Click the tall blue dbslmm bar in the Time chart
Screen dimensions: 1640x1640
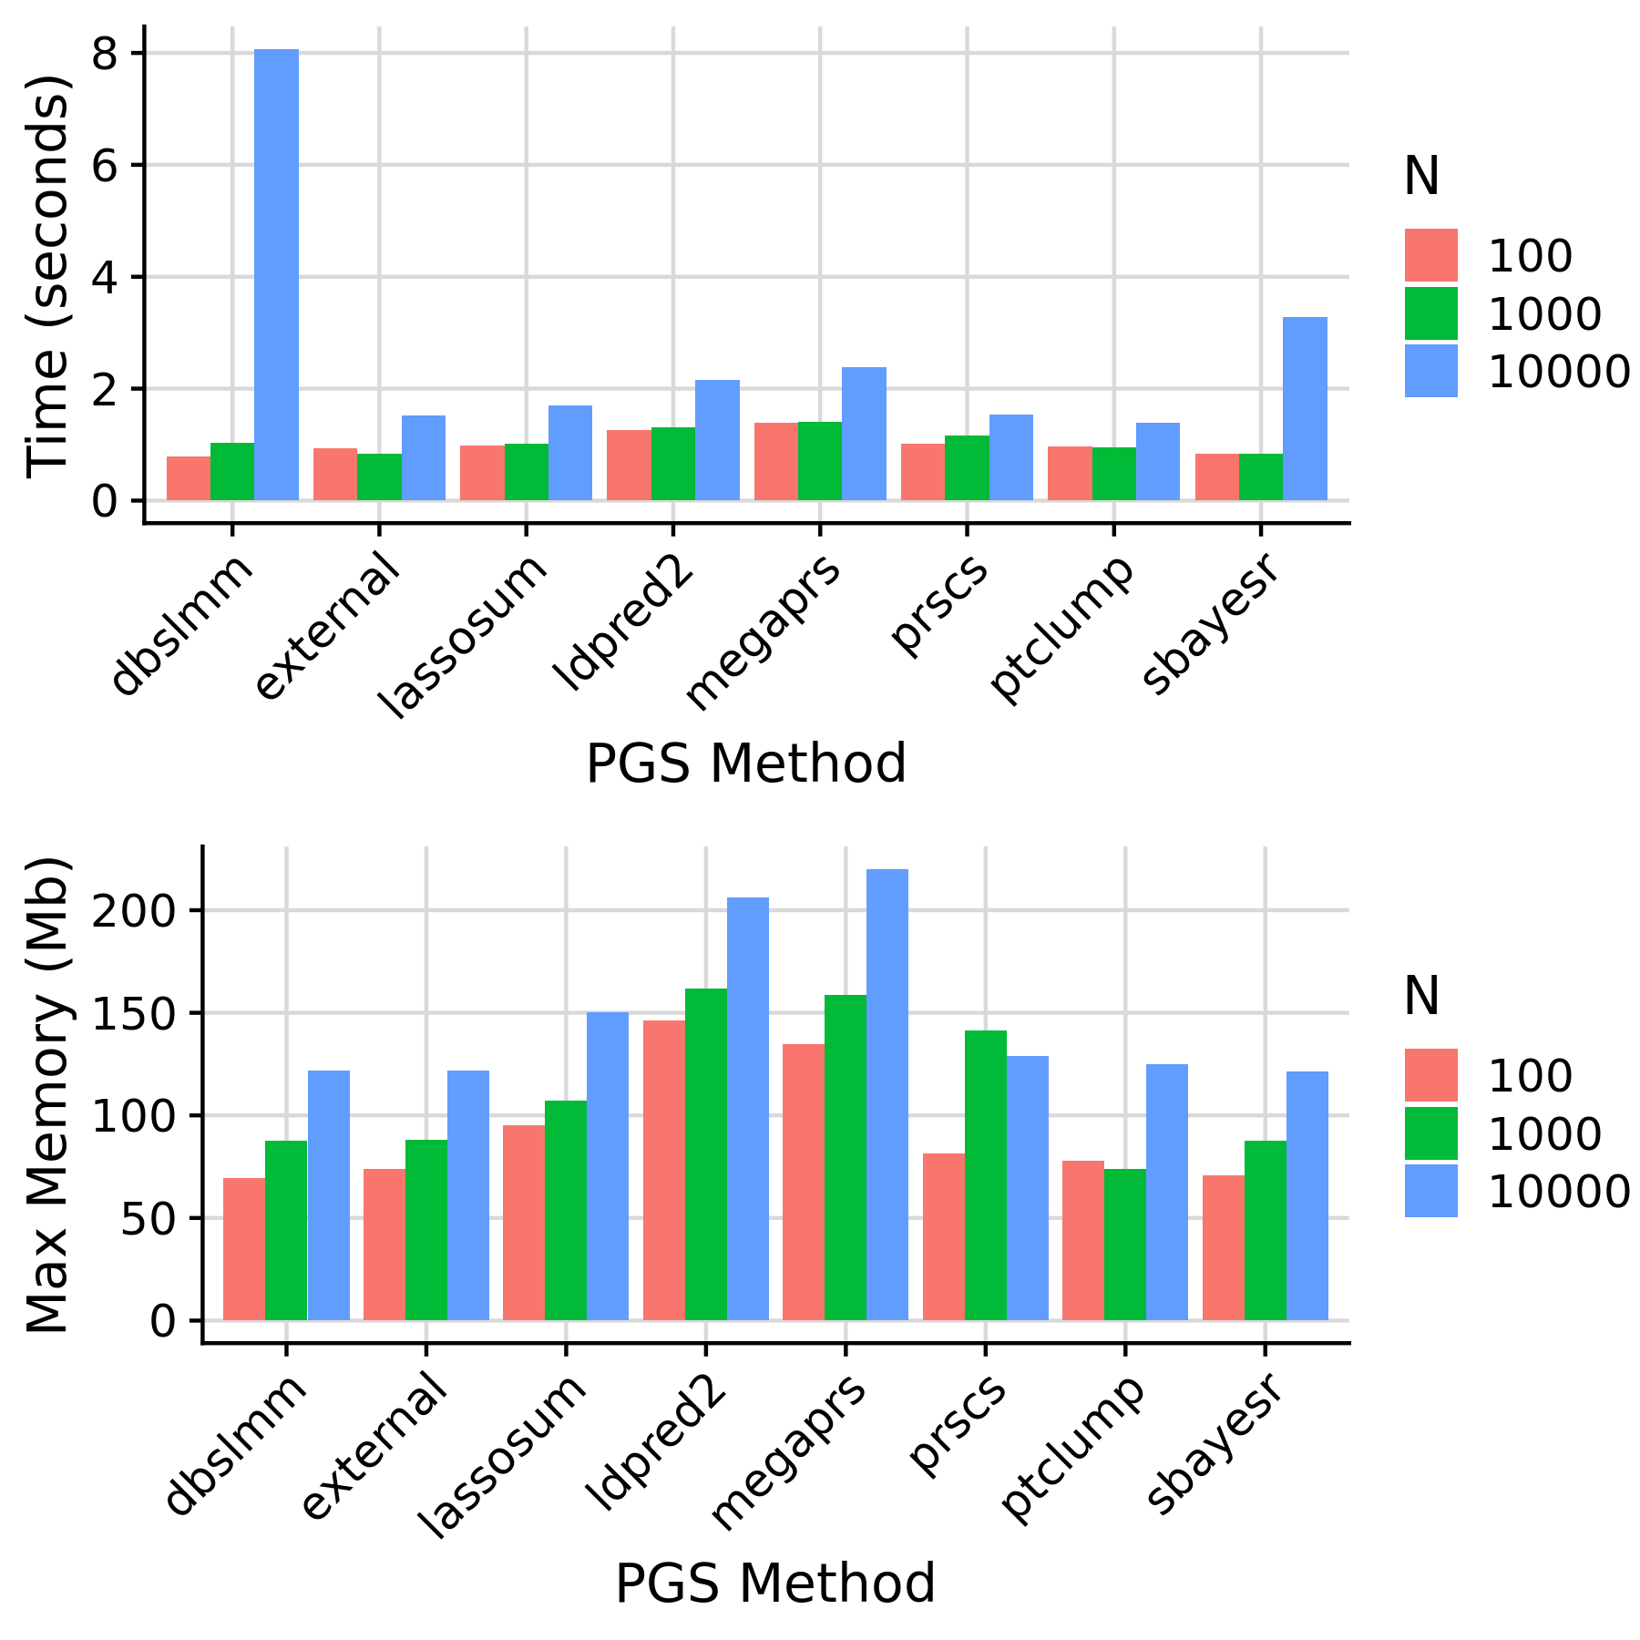coord(276,273)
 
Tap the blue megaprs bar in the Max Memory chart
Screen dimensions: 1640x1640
coord(887,1093)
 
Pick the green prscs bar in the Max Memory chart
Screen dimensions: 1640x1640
coord(986,1175)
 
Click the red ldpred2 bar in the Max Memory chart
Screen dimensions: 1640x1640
coord(663,1171)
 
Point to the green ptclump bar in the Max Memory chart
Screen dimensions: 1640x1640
coord(1125,1245)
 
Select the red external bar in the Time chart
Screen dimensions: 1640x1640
coord(335,474)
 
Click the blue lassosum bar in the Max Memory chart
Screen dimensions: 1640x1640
coord(608,1166)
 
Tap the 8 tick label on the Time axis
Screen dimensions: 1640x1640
coord(105,55)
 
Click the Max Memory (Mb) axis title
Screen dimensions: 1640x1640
coord(47,1093)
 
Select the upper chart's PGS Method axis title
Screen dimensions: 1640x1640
coord(745,764)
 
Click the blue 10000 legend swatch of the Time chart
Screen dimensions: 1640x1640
coord(1430,371)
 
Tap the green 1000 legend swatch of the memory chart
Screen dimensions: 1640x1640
coord(1430,1133)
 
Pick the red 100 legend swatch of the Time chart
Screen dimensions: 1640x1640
coord(1430,255)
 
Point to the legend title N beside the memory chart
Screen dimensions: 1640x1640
coord(1421,996)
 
